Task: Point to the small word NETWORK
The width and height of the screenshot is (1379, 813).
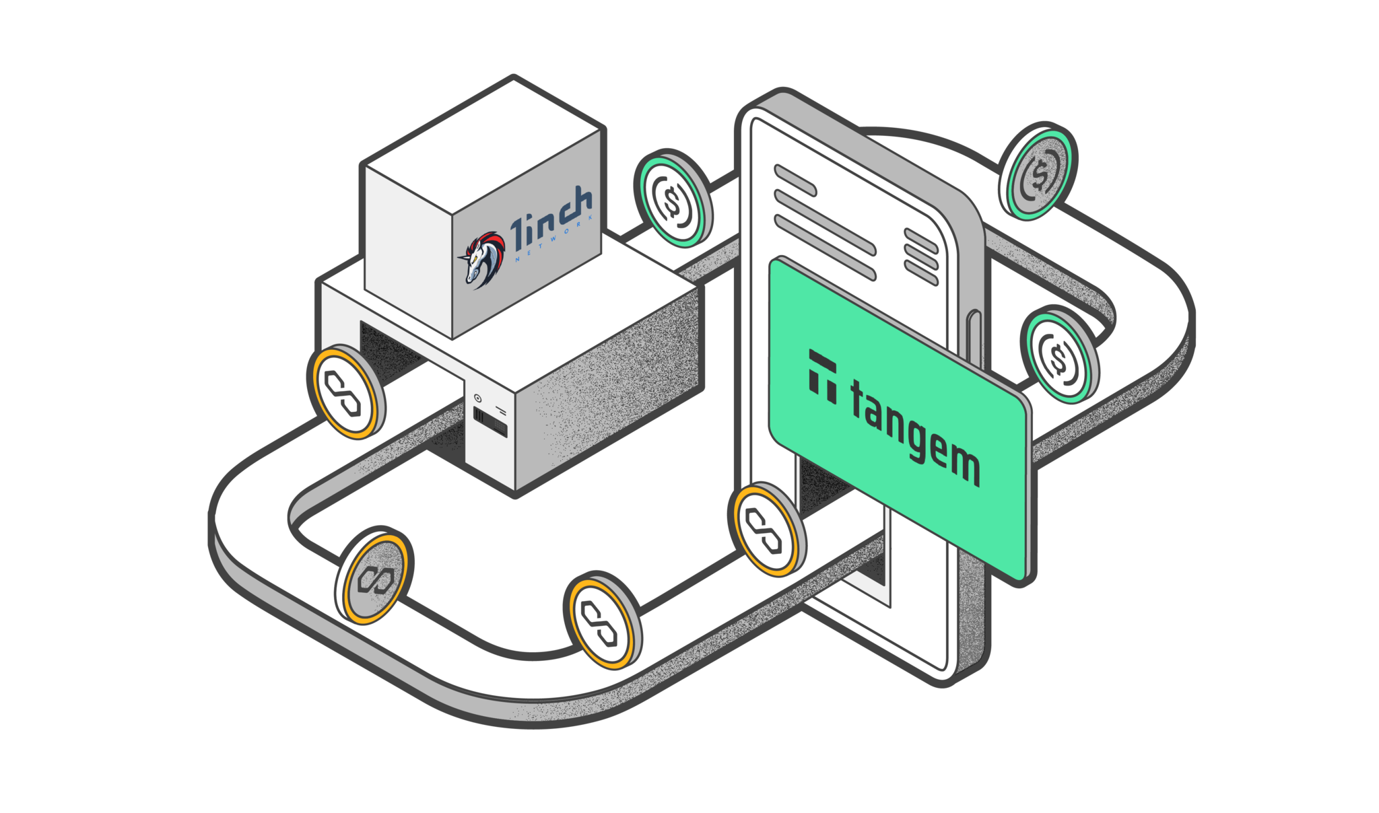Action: tap(553, 241)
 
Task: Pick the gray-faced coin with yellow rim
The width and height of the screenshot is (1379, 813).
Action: tap(374, 577)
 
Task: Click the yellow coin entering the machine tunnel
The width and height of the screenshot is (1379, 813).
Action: tap(345, 392)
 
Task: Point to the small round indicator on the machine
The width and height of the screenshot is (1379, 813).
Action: tap(478, 398)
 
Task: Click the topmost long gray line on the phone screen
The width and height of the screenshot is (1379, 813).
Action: tap(795, 180)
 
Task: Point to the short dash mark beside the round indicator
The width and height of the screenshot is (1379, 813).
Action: tap(501, 409)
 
